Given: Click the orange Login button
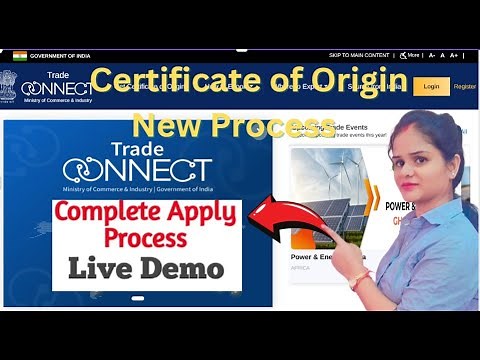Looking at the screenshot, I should click(x=431, y=87).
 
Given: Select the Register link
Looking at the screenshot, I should click(x=465, y=87).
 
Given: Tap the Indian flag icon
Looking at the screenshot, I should click(x=19, y=55).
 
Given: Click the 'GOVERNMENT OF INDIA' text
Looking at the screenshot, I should click(x=59, y=55).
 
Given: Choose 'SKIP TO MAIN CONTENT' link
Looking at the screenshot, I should click(x=359, y=55).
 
